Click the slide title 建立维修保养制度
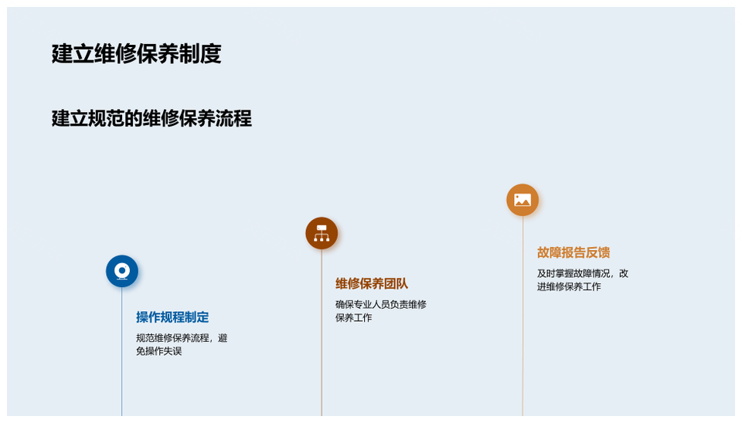pos(136,53)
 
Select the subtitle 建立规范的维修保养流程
pos(151,118)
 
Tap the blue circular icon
pos(122,271)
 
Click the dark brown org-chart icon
pos(322,233)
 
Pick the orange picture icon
pos(522,200)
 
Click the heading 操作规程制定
pos(172,317)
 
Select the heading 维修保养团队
pos(372,283)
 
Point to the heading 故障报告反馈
pos(573,252)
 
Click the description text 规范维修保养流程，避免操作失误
pos(182,344)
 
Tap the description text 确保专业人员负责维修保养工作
pos(381,311)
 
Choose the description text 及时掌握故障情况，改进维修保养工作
pos(583,279)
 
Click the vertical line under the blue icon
pos(122,352)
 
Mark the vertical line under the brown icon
pos(322,333)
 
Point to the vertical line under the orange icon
pos(522,316)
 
